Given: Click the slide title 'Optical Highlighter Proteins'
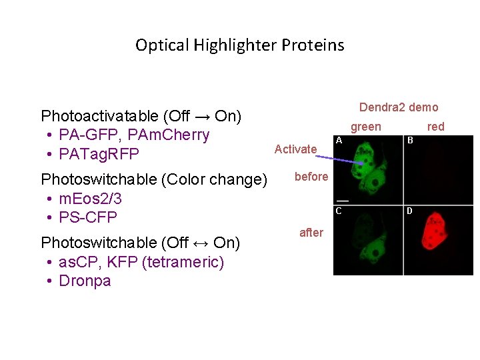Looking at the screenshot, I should coord(239,45).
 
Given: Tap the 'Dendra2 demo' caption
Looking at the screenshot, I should coord(398,107).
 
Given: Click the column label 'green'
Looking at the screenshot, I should coord(366,127).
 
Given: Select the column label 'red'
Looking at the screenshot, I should coord(435,127).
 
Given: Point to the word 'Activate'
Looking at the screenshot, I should coord(295,149).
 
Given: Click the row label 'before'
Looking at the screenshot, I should coord(311,177).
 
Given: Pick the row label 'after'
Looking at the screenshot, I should coord(311,233).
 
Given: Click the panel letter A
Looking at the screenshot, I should coord(339,141).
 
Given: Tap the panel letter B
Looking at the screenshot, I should coord(410,141).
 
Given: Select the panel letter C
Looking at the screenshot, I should coord(339,211).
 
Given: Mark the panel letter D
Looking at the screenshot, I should coord(410,211).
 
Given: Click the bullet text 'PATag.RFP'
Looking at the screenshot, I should coord(99,155).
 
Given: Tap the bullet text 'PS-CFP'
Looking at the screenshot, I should coord(88,217).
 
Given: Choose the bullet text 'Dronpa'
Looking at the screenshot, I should coord(85,281).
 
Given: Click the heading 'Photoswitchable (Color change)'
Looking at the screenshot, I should coord(154,180).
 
